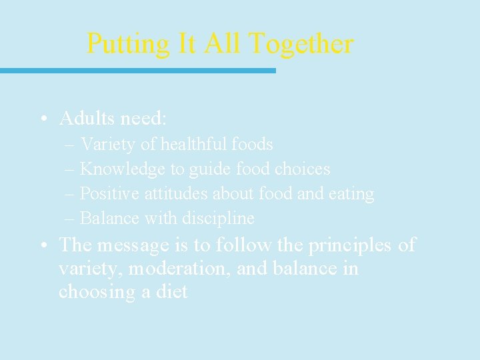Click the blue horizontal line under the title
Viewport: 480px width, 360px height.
click(x=137, y=70)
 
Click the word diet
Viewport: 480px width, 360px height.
click(x=171, y=291)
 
